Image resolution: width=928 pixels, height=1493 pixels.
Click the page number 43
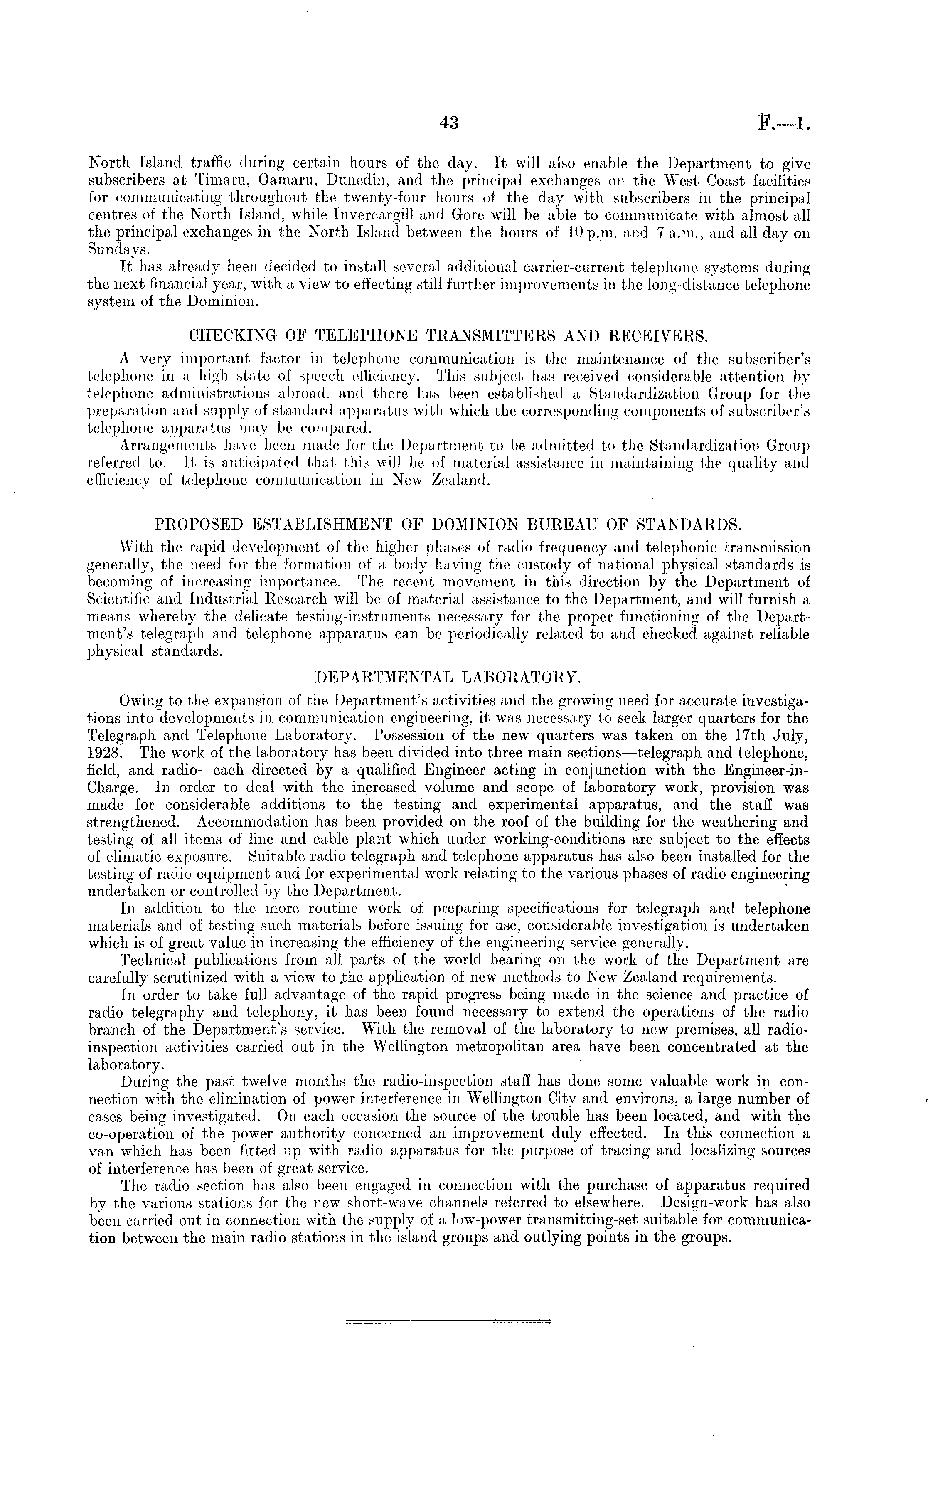tap(449, 123)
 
